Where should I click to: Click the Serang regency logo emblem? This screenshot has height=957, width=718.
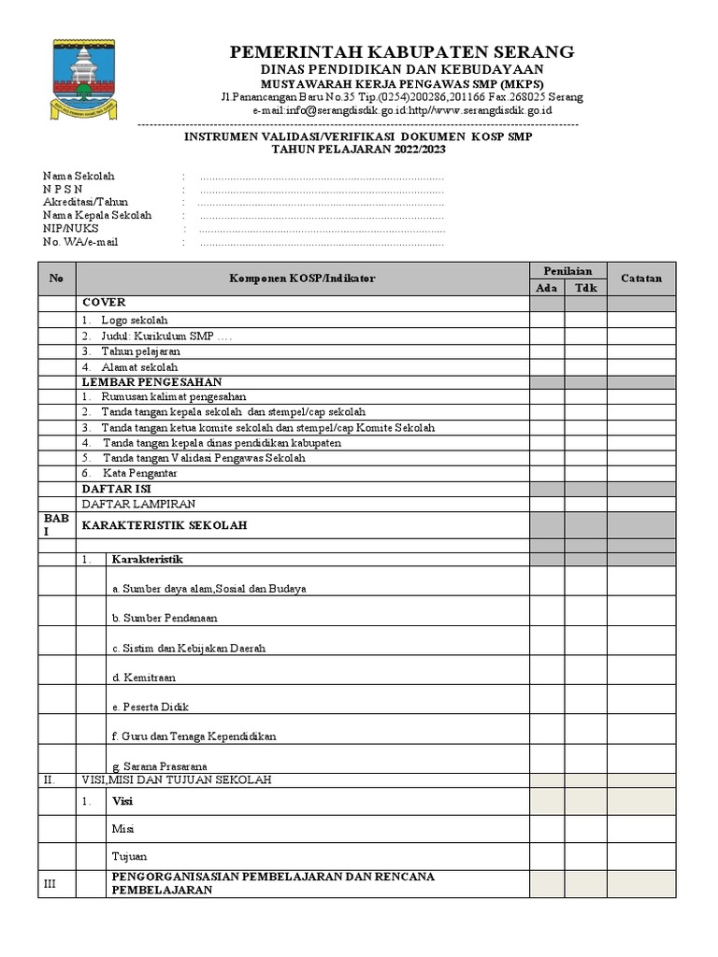tap(83, 79)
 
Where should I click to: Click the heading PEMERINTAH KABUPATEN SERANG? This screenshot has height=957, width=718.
tap(402, 51)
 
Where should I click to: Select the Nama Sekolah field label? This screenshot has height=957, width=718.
tap(79, 176)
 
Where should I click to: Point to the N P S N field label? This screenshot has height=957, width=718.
tap(69, 189)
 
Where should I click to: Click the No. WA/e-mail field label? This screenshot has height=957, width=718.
tap(80, 242)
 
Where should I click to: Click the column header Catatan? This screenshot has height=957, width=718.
tap(640, 279)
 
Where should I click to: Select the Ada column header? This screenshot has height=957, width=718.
tap(546, 288)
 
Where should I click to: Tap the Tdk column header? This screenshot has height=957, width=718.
tap(585, 288)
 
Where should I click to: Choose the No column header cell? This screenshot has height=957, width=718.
tap(56, 279)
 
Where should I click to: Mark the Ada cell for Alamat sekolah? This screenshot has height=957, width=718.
tap(546, 367)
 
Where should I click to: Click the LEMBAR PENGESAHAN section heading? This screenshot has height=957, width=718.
tap(151, 382)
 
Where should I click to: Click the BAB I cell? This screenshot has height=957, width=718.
tap(56, 524)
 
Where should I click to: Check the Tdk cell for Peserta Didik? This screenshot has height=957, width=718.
tap(585, 700)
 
